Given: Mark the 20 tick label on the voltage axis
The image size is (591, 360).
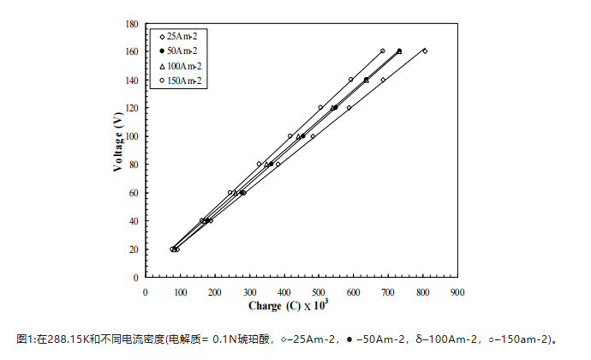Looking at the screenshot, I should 134,249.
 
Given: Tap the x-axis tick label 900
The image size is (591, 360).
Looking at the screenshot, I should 457,291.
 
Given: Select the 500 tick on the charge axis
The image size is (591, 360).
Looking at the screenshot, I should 319,291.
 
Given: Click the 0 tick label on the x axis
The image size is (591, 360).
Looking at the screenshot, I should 146,291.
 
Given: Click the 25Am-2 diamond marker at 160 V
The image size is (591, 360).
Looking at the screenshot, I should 424,51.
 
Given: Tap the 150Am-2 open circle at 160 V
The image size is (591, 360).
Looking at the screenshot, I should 382,51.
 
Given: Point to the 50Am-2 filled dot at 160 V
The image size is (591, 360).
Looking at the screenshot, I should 399,51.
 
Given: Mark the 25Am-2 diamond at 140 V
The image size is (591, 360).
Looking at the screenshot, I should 383,80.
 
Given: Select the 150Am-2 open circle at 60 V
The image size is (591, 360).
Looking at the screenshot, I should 230,193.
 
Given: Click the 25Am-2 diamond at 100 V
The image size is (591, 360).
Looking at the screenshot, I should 313,136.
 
